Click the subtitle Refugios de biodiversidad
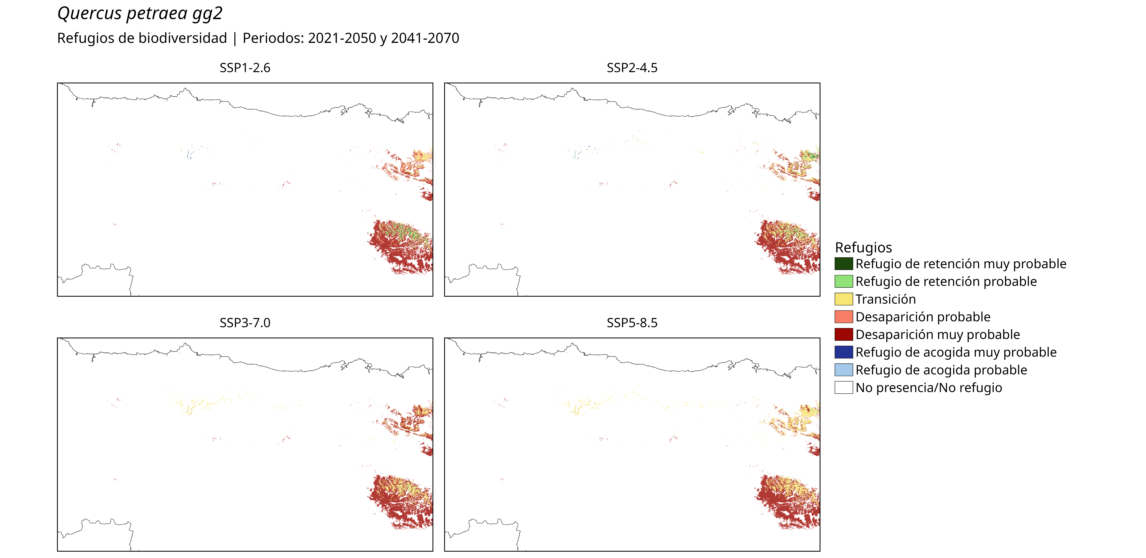click(142, 38)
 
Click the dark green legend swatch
click(843, 264)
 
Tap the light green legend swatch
click(843, 281)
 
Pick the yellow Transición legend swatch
click(843, 299)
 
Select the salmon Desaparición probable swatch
click(843, 317)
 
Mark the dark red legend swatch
click(843, 334)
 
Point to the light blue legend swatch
click(843, 370)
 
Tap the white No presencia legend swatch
click(843, 387)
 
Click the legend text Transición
click(885, 299)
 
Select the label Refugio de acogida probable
click(941, 370)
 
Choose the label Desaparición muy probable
click(937, 334)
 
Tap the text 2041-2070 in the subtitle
click(425, 38)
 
